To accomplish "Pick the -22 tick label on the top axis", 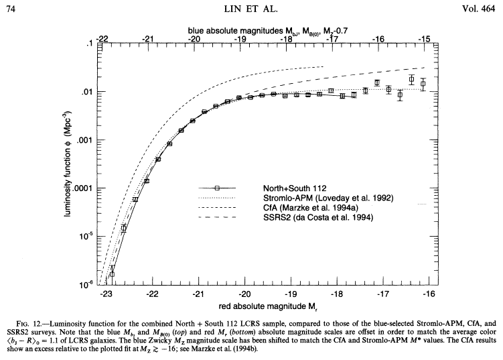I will tap(102, 40).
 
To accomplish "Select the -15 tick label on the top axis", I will tap(425, 40).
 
